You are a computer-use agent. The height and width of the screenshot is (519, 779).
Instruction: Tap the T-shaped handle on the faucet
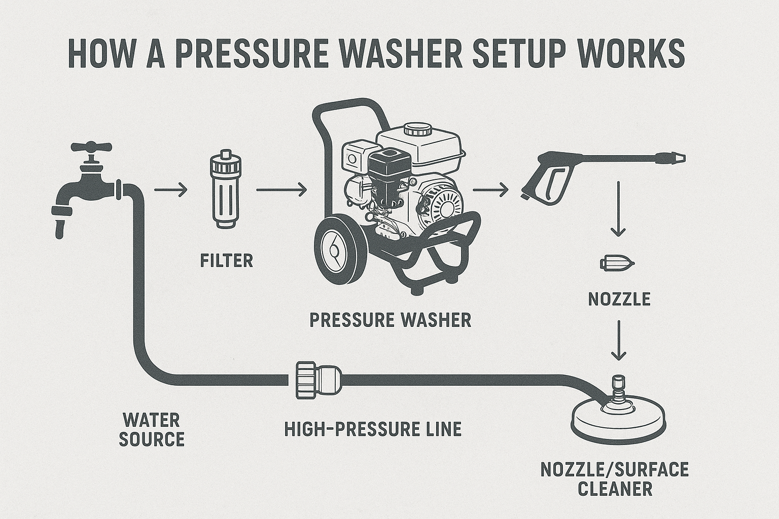click(91, 147)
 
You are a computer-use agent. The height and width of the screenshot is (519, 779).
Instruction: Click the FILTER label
click(226, 261)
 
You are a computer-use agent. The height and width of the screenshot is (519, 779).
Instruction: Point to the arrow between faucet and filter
click(170, 190)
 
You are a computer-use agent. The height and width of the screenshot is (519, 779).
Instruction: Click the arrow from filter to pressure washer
click(281, 190)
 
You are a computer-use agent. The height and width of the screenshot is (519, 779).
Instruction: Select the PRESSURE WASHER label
click(390, 320)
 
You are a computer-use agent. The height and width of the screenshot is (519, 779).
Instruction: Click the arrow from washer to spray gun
click(490, 190)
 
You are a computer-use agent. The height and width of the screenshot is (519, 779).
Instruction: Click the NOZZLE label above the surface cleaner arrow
click(619, 299)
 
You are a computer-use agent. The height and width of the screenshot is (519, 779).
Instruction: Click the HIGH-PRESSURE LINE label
click(373, 429)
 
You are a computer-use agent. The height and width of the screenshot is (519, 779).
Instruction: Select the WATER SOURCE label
click(151, 429)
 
